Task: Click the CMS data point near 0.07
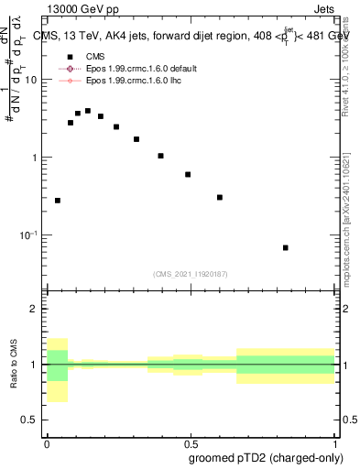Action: point(71,122)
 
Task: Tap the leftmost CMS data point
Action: point(58,200)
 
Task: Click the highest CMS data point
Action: point(88,111)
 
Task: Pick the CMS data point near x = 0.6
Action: point(220,197)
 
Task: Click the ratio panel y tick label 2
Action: point(33,309)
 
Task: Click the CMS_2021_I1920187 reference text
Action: point(190,273)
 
